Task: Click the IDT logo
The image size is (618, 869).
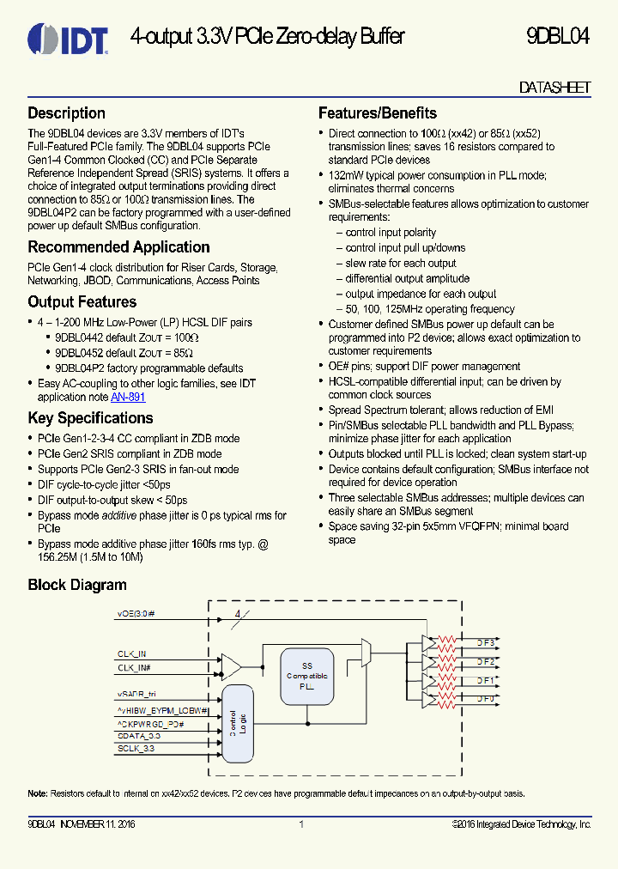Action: (x=68, y=39)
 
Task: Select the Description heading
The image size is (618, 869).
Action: (x=66, y=113)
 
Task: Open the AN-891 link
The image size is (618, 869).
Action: (x=128, y=398)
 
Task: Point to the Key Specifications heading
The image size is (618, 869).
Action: (x=90, y=418)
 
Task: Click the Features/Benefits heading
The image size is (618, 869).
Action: (x=377, y=113)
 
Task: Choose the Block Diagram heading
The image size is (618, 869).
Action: (x=77, y=585)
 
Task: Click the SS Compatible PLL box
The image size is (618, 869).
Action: (x=307, y=676)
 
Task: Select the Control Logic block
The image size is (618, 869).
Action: (x=238, y=722)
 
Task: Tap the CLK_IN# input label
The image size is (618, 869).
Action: (x=135, y=667)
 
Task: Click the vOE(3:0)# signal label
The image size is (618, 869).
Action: (x=136, y=614)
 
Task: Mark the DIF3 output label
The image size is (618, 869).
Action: (x=485, y=642)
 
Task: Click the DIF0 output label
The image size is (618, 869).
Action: (x=485, y=699)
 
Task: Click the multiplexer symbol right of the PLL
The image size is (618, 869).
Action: (x=366, y=655)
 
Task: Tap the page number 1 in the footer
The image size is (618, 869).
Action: (x=301, y=824)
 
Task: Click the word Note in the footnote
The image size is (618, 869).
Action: (x=37, y=793)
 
